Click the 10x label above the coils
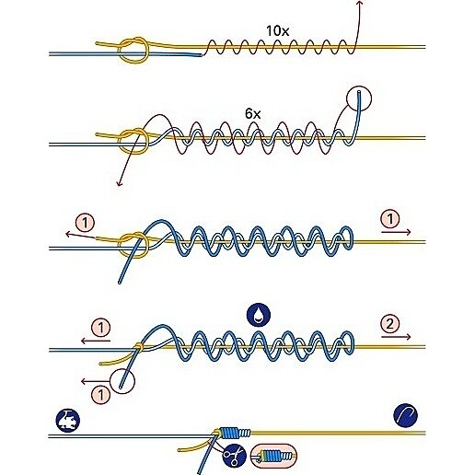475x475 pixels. (277, 31)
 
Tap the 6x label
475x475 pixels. (253, 114)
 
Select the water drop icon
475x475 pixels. (259, 316)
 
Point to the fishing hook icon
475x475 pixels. (405, 415)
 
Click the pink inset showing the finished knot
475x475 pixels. (273, 456)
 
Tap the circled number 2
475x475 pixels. (389, 324)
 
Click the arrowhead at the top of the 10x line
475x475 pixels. (360, 2)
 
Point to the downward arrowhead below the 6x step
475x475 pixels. (119, 183)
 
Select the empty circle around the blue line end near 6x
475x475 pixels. (359, 98)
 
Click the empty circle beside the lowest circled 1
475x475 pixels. (122, 380)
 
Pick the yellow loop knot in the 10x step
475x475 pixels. (133, 50)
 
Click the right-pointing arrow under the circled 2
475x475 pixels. (396, 337)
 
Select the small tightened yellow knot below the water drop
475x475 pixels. (139, 346)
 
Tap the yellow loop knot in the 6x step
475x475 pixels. (133, 141)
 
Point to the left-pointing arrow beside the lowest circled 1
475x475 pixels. (96, 381)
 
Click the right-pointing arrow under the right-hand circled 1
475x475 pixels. (396, 232)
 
